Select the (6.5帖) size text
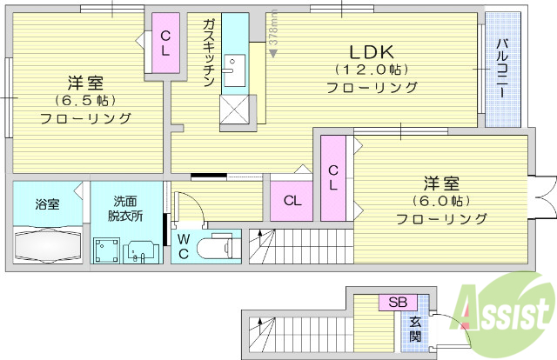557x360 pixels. coord(84,101)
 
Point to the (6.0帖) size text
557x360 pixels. coord(441,201)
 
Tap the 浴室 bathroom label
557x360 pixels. coord(48,204)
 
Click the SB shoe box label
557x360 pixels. coord(397,303)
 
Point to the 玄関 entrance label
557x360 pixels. coord(416,329)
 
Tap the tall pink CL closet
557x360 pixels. coord(333,177)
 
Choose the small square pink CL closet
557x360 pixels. coord(293,200)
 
